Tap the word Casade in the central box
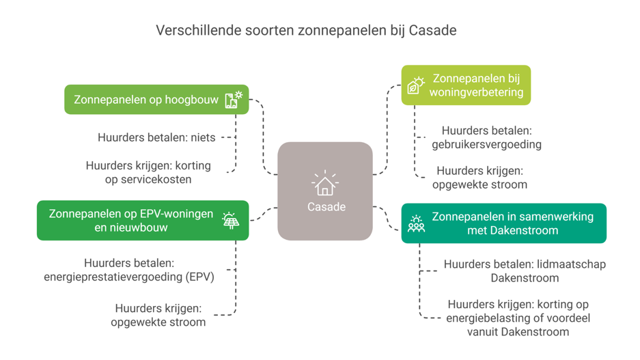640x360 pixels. (326, 207)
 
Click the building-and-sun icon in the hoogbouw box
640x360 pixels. (234, 100)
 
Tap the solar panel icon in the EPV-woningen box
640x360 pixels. (231, 220)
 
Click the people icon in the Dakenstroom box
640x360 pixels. (416, 223)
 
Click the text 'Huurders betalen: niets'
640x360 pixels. (156, 137)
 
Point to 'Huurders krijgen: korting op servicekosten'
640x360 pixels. (148, 172)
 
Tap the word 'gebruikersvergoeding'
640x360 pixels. (486, 144)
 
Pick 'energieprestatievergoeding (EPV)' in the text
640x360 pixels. (129, 277)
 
